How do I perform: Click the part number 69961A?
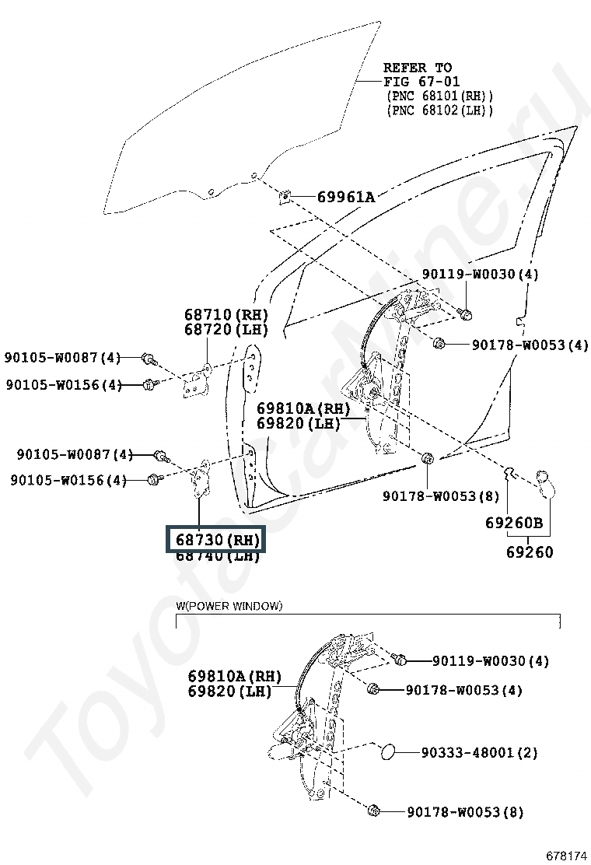coord(345,197)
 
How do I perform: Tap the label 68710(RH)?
coord(226,315)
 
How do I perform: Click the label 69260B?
coord(514,523)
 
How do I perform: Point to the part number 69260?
coord(530,552)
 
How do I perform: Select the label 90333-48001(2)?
coord(479,753)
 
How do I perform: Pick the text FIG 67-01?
coord(421,81)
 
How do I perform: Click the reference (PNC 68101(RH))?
coord(439,96)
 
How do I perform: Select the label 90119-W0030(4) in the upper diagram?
coord(480,274)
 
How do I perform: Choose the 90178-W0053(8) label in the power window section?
coord(464,812)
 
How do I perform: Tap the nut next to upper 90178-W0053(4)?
coord(439,343)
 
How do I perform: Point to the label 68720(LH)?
coord(226,330)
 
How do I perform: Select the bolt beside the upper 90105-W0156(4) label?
coord(150,384)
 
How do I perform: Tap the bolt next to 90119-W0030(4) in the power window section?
coord(400,660)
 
